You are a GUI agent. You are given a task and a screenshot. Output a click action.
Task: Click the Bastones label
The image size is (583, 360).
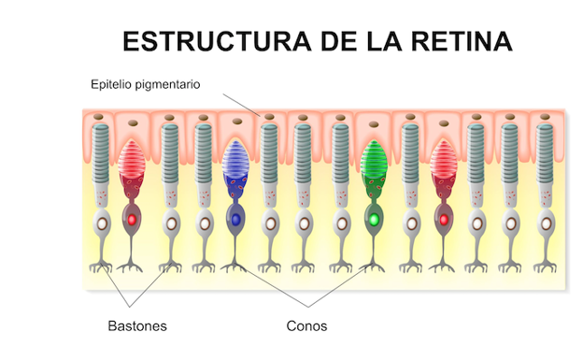point(136,326)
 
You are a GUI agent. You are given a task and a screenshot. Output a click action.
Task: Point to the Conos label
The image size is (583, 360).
point(306,326)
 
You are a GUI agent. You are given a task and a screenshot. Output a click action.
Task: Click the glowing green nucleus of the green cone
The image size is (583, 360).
point(374,219)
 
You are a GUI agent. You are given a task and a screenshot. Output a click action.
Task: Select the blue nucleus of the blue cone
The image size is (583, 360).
point(235,219)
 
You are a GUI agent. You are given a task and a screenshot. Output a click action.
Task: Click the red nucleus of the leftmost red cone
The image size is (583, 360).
point(132,219)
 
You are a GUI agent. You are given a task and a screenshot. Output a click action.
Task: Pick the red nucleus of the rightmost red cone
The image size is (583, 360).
point(443,219)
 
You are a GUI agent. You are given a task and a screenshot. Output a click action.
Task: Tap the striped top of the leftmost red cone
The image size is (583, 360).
point(132,161)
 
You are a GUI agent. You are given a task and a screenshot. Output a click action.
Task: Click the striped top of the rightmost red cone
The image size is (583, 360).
point(443,161)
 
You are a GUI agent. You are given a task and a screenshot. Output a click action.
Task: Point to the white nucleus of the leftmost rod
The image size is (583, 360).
point(102,224)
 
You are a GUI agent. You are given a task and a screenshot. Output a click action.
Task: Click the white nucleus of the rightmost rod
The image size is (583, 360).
point(546,224)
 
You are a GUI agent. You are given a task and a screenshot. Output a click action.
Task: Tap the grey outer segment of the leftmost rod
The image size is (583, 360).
point(102,150)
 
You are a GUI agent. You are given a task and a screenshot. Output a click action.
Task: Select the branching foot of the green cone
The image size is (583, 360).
point(374,267)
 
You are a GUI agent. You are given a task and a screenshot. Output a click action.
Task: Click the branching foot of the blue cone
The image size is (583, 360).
point(235,267)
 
